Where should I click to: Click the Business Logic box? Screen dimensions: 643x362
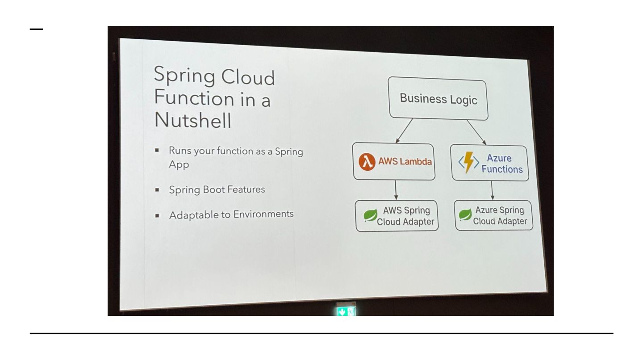coord(438,99)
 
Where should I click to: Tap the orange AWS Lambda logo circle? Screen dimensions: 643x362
coord(367,162)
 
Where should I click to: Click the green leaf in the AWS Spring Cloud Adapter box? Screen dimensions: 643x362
coord(370,216)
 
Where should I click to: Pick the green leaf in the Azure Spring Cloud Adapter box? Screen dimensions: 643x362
coord(465,215)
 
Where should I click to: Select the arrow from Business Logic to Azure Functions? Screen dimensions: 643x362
coord(476,132)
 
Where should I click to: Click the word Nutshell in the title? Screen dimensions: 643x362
coord(193,120)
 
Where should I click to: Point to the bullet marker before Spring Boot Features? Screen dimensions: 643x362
coord(157,189)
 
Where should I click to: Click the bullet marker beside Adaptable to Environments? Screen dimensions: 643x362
coord(157,215)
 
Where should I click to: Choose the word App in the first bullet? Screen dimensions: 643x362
coord(179,164)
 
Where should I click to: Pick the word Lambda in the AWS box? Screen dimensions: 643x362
coord(416,162)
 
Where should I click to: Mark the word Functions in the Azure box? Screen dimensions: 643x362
coord(502,169)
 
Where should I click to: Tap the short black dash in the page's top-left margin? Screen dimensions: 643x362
coord(37,29)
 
